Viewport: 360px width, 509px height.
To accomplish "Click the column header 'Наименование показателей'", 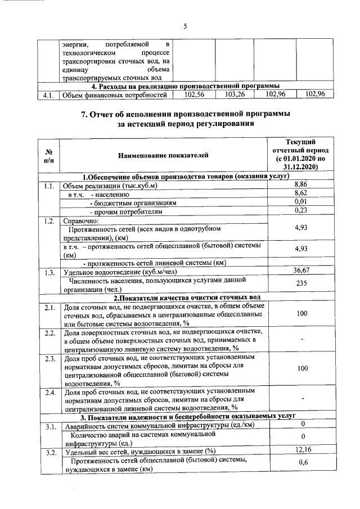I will coord(163,155).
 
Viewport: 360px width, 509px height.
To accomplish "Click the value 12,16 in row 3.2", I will coord(303,450).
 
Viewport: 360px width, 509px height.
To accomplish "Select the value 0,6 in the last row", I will coord(303,463).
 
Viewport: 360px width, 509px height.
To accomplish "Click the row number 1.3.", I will coord(48,271).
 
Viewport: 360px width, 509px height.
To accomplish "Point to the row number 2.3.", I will coord(48,358).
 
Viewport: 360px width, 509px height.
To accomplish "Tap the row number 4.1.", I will coord(48,95).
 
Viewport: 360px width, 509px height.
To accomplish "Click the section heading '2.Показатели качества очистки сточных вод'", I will coord(187,298).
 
